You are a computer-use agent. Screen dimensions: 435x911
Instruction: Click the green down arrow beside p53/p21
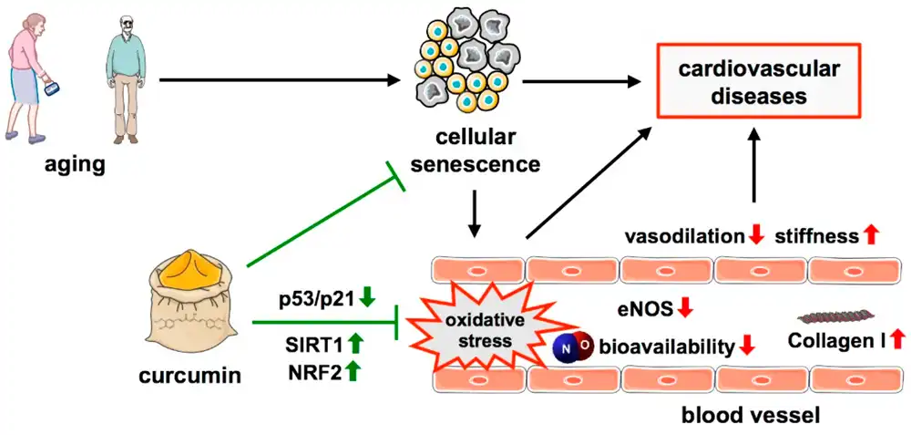click(367, 298)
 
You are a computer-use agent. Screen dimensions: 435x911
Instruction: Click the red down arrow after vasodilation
click(755, 236)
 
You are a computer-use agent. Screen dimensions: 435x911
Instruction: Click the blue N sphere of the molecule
click(565, 347)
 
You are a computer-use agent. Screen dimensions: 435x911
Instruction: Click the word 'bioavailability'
click(667, 347)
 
